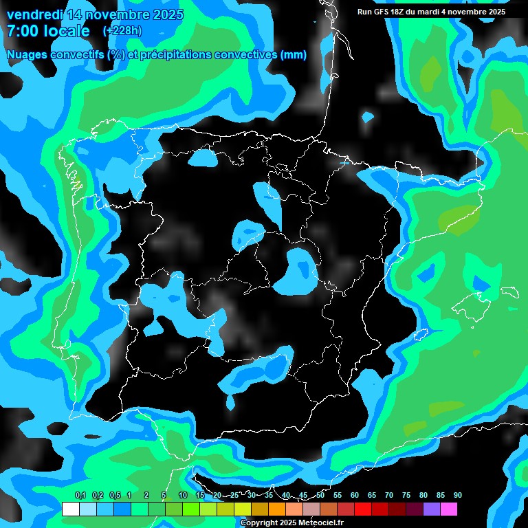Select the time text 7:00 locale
click(48, 31)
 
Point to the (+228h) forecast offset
click(122, 31)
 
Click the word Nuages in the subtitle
click(27, 55)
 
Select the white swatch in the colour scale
click(70, 509)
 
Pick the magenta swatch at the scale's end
click(448, 509)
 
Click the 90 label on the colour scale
click(457, 496)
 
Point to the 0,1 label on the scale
click(80, 496)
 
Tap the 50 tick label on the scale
click(320, 496)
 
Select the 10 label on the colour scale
click(182, 496)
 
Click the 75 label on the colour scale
click(406, 496)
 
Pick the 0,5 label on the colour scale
click(114, 496)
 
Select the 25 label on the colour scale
click(234, 496)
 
